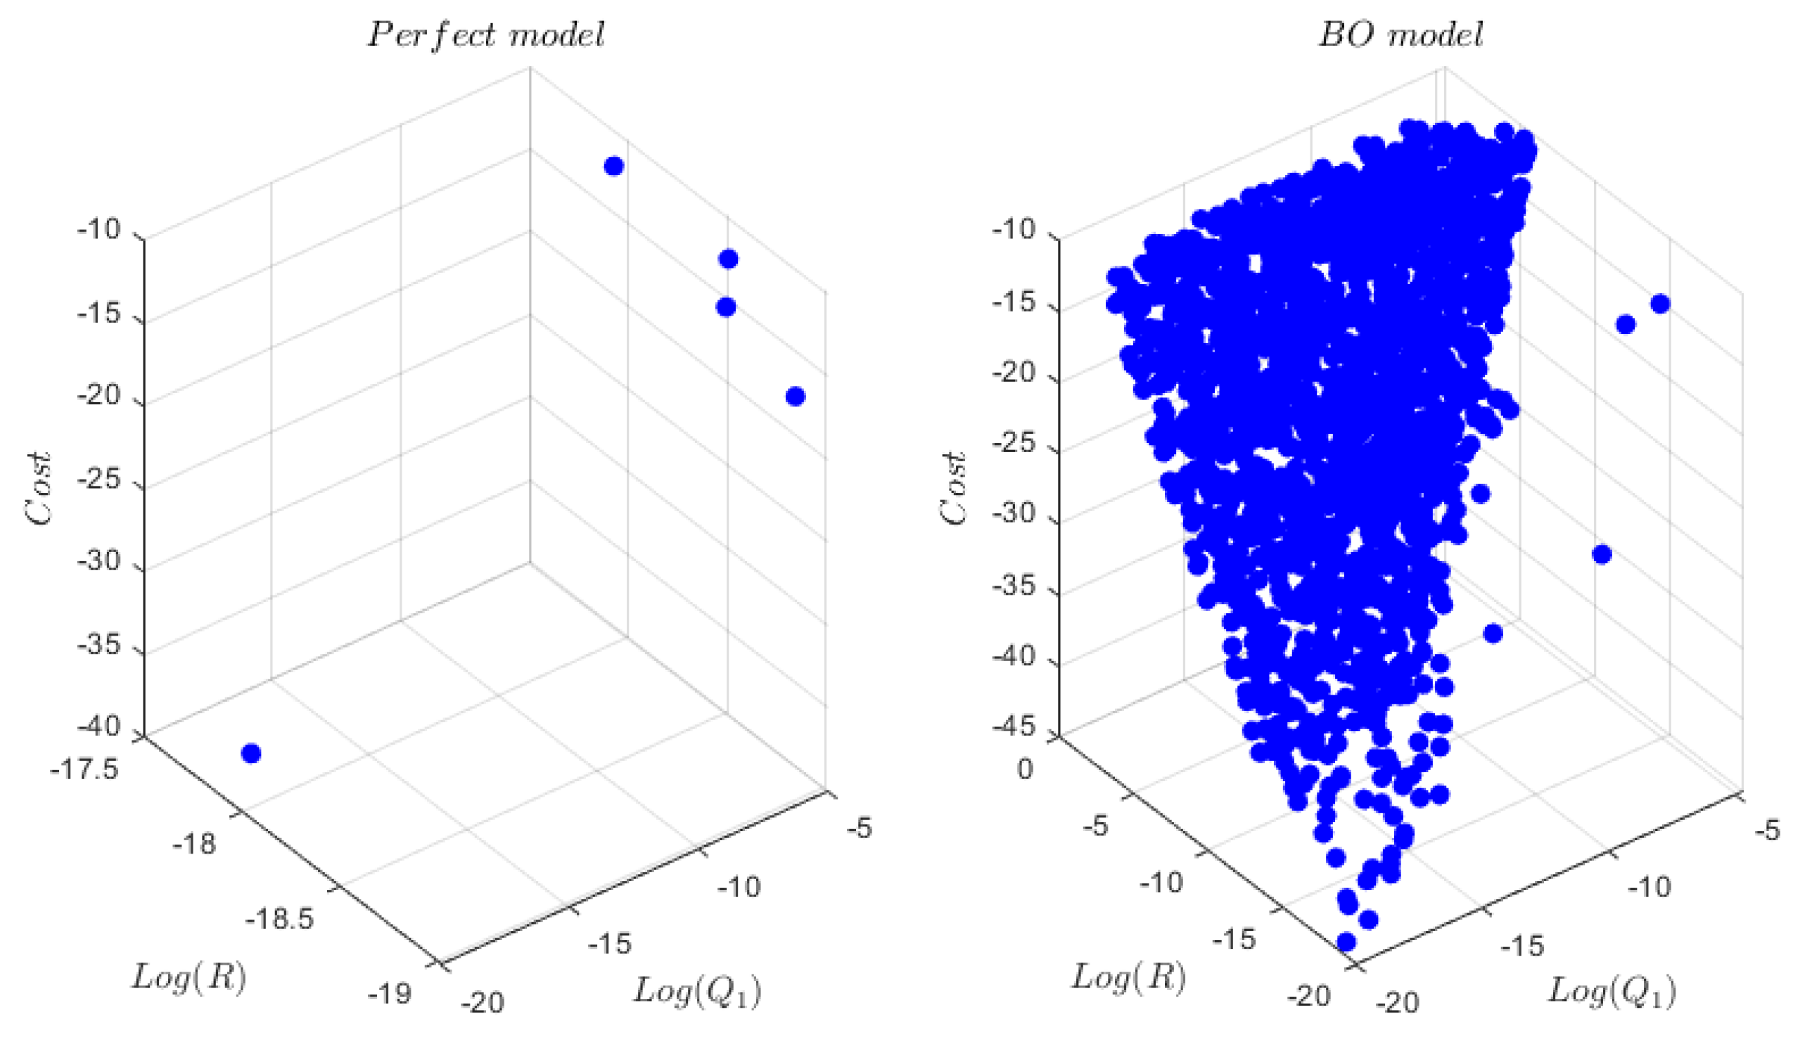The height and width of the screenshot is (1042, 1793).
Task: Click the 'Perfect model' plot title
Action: tap(486, 35)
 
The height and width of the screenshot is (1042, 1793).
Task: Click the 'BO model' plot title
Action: tap(1400, 35)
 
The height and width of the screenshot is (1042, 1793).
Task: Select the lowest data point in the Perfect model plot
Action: tap(251, 753)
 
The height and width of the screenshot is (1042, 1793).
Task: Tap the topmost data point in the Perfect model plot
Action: tap(614, 167)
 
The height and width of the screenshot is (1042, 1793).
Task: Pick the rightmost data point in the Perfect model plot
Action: tap(796, 396)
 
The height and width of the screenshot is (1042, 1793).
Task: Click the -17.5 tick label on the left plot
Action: tap(84, 770)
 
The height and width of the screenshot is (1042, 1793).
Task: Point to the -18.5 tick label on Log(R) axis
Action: tap(280, 920)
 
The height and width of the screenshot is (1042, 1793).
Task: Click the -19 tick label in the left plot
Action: tap(389, 993)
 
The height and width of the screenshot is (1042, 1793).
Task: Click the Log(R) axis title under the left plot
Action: tap(189, 978)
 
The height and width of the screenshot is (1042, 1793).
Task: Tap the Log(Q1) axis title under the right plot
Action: tap(1612, 991)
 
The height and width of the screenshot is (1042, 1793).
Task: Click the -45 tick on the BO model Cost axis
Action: tap(1014, 727)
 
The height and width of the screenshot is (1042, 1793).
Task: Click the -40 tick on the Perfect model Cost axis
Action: tap(100, 727)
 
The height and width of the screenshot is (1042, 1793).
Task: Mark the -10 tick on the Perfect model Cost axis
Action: tap(100, 231)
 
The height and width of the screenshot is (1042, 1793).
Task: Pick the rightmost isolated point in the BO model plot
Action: tap(1660, 304)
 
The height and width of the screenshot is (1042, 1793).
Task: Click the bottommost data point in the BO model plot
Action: tap(1346, 942)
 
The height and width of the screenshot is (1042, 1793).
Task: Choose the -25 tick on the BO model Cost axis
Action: tap(1014, 444)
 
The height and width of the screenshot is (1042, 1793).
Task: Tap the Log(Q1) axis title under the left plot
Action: tap(697, 991)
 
